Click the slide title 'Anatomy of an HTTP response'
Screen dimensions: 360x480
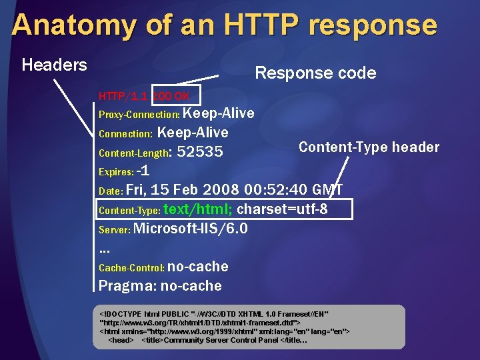[x=224, y=25]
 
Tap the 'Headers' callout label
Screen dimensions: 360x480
[x=54, y=65]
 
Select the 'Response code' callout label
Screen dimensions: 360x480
[x=315, y=73]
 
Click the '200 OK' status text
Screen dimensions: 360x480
[x=171, y=97]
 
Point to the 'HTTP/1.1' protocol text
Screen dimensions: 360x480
[x=123, y=97]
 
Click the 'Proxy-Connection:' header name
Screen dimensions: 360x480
[x=139, y=115]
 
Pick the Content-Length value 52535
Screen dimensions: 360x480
[x=200, y=152]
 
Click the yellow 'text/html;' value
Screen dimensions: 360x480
[x=198, y=209]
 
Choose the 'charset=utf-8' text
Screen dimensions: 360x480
[x=282, y=209]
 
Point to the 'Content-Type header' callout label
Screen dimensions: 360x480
[x=369, y=147]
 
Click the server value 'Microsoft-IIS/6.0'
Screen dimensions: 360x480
[x=191, y=229]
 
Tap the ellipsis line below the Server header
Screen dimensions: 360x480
[x=104, y=249]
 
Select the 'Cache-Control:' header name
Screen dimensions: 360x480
[x=131, y=268]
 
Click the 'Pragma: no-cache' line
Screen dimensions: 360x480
[x=160, y=286]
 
